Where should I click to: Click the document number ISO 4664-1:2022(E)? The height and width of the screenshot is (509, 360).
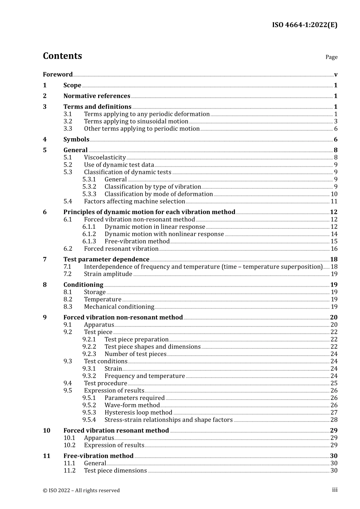pos(304,25)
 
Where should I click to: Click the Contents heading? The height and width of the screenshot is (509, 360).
pos(62,56)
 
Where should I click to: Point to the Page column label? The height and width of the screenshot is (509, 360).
pos(331,57)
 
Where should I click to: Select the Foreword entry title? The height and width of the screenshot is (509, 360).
pos(58,75)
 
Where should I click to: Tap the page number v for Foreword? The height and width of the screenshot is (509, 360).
pos(336,75)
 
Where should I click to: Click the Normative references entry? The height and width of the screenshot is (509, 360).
pos(97,96)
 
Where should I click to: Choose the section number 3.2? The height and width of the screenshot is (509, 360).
pos(67,122)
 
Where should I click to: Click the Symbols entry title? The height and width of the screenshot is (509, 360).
pos(76,139)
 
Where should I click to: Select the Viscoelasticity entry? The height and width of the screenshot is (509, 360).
pos(105,158)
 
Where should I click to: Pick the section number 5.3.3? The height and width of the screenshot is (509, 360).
pos(89,194)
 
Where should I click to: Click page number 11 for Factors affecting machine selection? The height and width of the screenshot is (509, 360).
pos(334,201)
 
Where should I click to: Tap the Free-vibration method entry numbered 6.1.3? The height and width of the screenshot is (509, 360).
pos(137,242)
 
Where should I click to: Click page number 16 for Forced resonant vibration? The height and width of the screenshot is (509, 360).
pos(334,249)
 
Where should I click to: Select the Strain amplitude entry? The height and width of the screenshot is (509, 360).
pos(108,274)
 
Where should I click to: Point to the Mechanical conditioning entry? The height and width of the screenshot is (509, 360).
pos(119,307)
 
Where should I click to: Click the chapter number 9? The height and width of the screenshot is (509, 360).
pos(45,317)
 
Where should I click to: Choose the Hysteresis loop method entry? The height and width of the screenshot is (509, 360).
pos(138,413)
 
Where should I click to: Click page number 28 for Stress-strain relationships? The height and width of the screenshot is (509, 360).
pos(334,420)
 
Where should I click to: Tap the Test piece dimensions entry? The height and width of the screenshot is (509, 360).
pos(115,471)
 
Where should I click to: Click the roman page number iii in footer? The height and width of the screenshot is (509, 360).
pos(335,490)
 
